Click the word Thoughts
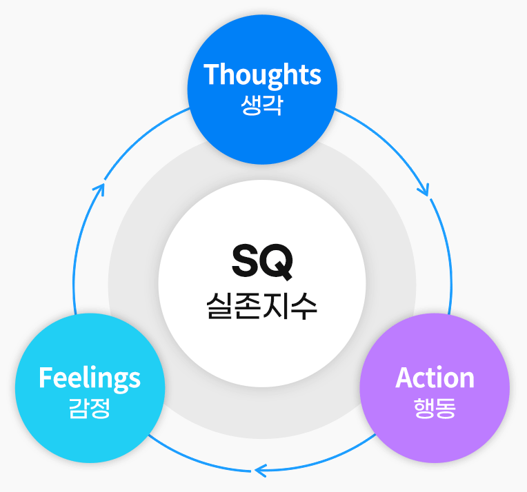point(262,75)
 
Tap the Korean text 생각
point(262,105)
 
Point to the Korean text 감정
point(90,409)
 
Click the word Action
point(435,378)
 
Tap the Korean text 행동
point(435,409)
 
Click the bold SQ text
point(262,262)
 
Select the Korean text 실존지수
point(262,306)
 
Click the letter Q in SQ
point(277,263)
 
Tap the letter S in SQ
point(246,261)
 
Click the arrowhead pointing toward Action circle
point(424,190)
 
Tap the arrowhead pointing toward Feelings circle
point(261,470)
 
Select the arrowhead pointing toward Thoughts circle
point(100,189)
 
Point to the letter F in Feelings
point(46,377)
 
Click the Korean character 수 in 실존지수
point(304,306)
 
